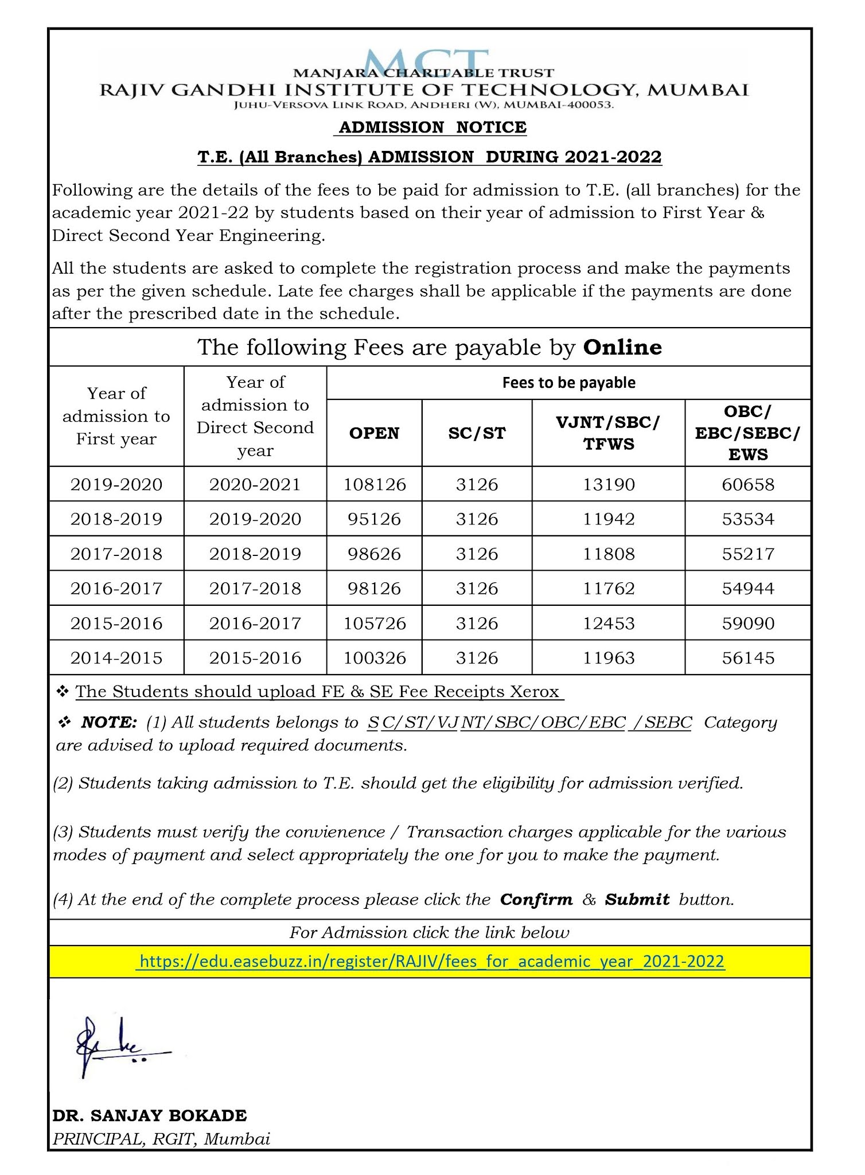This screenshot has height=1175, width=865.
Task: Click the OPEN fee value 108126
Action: (375, 484)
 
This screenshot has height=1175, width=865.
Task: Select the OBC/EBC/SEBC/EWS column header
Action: (747, 433)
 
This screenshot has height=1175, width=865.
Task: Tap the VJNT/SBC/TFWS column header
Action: (609, 433)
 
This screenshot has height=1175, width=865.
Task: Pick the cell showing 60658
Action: (748, 484)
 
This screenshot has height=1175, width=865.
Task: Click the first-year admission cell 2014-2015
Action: (116, 657)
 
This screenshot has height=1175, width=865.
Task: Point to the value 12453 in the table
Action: (609, 623)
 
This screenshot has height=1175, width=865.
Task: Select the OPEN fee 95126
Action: (375, 519)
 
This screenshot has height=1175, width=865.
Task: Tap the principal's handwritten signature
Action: (115, 1045)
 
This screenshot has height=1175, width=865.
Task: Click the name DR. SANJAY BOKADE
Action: (150, 1115)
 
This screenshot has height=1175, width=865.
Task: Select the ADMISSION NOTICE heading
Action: (432, 127)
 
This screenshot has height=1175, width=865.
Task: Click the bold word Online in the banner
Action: (622, 347)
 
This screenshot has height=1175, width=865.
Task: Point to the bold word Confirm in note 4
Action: (536, 899)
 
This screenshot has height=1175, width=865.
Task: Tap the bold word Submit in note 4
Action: (637, 899)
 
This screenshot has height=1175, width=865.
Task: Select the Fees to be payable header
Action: (568, 383)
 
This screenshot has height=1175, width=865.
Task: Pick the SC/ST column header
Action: (477, 433)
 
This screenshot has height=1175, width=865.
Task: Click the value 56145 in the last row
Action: (748, 657)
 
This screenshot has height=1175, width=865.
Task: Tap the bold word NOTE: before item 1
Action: (109, 722)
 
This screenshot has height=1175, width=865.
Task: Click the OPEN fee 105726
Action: (375, 623)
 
